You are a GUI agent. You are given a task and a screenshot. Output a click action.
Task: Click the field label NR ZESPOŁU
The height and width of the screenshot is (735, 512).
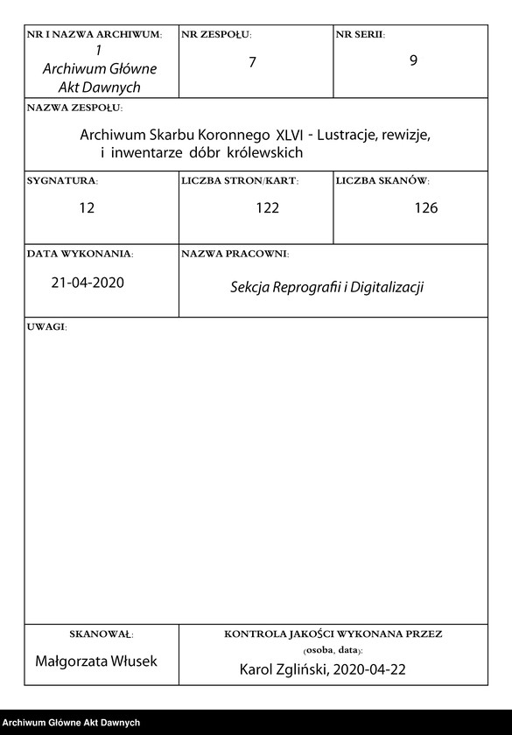[215, 35]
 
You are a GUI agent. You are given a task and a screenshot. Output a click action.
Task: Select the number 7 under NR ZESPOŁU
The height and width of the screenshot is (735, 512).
[252, 64]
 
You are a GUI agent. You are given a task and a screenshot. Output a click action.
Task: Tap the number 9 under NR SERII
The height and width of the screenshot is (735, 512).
[413, 64]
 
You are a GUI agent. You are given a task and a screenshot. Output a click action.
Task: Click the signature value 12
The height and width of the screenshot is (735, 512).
[86, 208]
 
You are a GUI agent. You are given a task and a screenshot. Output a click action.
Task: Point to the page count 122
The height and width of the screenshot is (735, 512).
[267, 208]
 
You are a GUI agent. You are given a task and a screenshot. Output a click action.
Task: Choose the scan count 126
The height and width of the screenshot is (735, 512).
[426, 208]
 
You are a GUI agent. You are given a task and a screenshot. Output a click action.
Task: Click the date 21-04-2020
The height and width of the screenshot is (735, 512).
[88, 283]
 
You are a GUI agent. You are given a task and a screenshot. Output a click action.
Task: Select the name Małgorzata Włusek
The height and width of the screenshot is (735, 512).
[96, 661]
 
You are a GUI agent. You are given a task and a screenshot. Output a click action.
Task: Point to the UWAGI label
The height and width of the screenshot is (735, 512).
[46, 326]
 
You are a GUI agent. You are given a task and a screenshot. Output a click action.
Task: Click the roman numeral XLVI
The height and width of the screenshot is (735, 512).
[291, 136]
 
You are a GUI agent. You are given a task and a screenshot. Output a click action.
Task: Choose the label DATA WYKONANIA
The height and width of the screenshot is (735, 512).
[80, 254]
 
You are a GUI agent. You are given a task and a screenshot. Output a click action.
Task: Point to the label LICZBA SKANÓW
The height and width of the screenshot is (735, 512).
[382, 181]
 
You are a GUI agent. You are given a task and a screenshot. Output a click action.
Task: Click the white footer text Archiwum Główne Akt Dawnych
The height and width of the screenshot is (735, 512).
[71, 723]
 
